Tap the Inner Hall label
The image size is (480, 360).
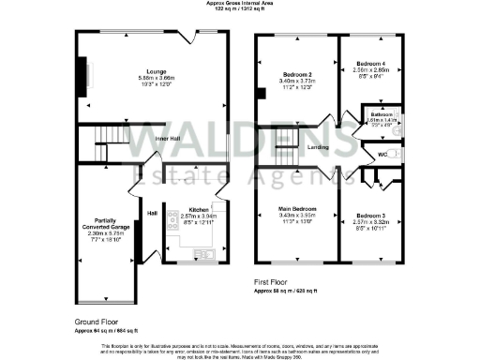coord(169,144)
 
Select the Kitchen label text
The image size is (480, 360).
coord(198,210)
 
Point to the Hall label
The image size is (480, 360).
coord(151,213)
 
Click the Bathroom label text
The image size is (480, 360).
coord(381,114)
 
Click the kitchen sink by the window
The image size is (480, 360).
coord(206,252)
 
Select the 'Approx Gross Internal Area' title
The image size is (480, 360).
coord(239,3)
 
